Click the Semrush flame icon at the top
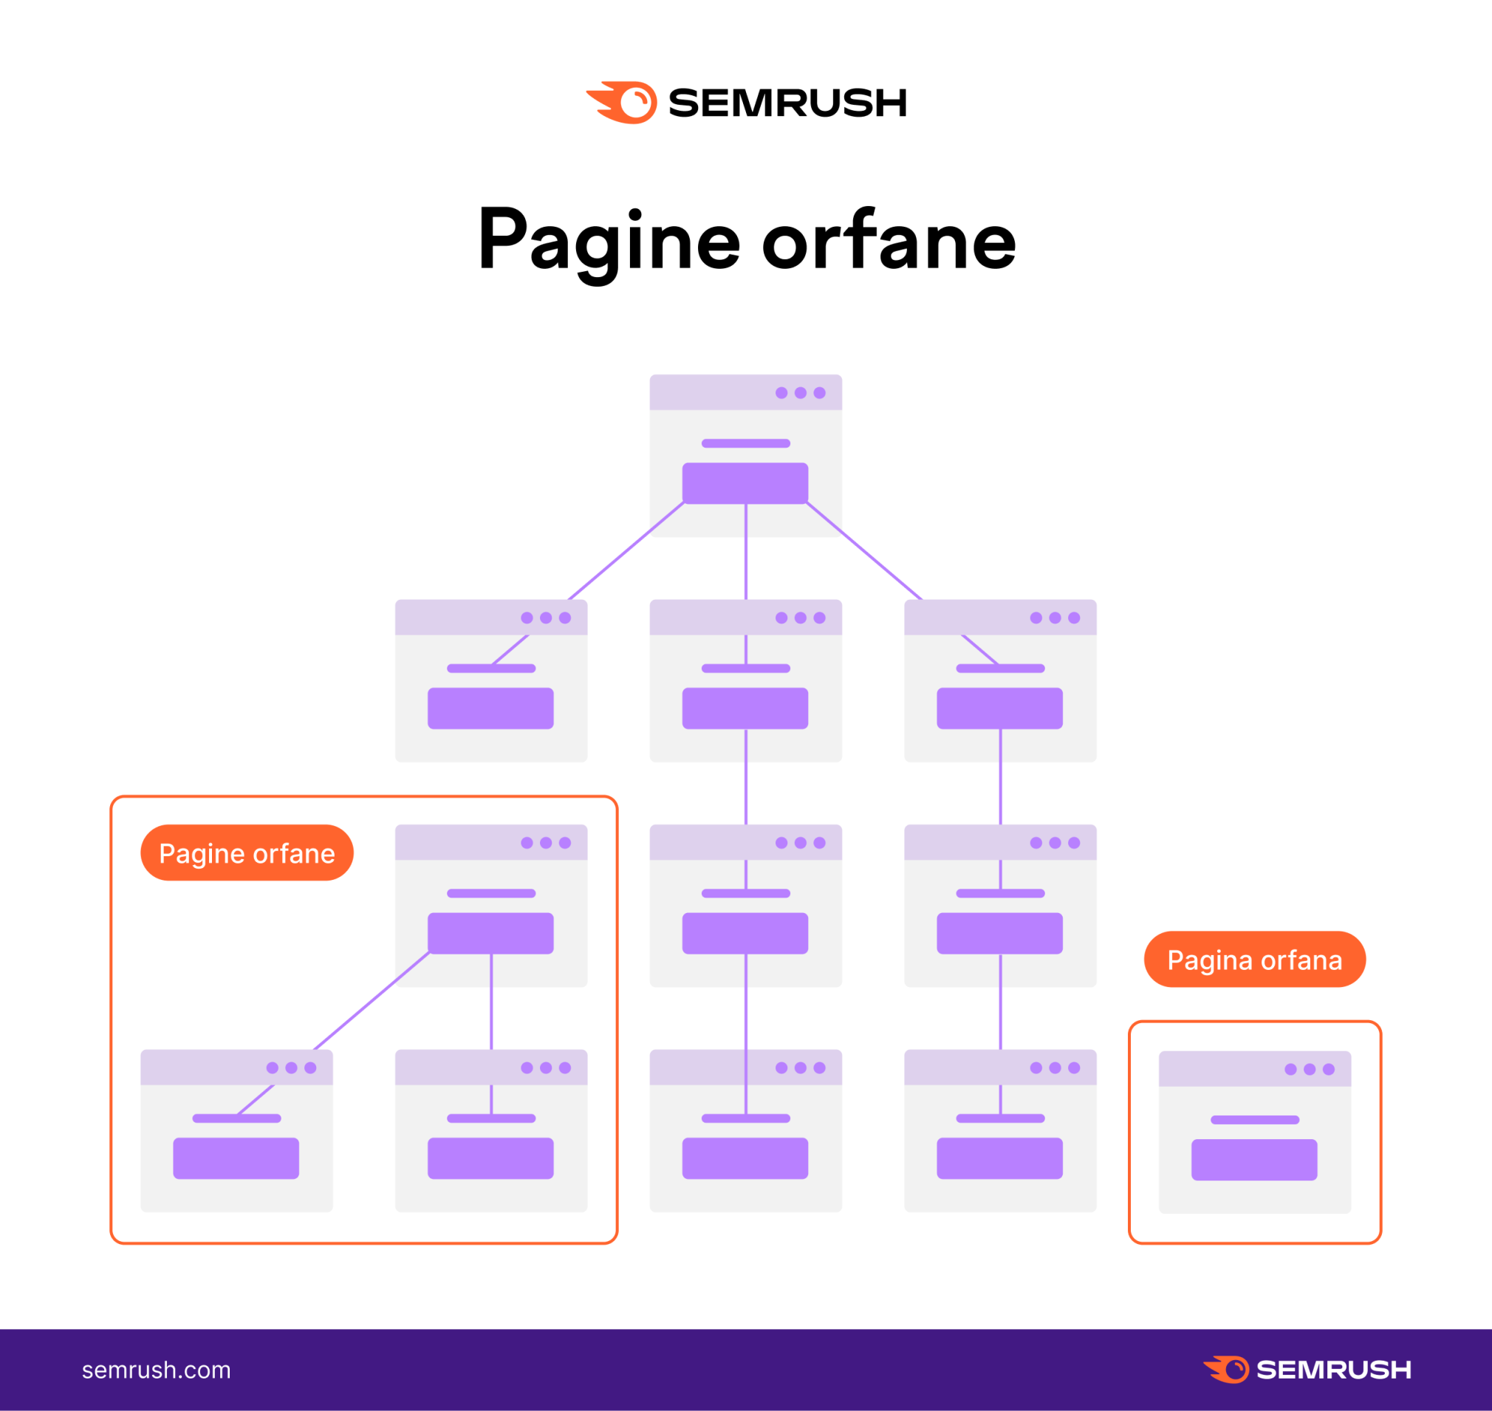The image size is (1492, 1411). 622,102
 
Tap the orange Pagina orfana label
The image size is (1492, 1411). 1254,960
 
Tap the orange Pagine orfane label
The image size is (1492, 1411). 247,853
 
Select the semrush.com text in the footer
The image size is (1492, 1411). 157,1370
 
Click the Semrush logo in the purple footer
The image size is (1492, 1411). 1307,1370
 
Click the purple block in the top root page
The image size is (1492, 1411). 745,483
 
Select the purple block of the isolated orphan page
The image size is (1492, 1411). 1254,1160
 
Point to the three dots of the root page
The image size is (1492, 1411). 800,392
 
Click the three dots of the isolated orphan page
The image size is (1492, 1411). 1310,1070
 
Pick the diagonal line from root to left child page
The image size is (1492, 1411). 626,551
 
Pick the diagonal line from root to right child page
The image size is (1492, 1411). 864,551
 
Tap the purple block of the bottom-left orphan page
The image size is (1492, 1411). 236,1158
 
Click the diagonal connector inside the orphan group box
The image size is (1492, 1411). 372,1002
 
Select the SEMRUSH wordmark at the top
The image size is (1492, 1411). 787,103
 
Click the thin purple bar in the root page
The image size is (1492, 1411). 745,443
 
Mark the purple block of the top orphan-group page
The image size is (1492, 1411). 491,933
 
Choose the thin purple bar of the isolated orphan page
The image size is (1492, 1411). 1254,1120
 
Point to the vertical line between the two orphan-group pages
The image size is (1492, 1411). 491,1002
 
